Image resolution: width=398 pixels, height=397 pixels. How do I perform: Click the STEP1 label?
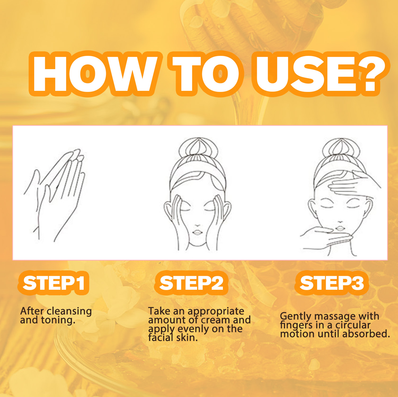(x=54, y=283)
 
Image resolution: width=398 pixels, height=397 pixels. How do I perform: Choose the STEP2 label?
(x=191, y=283)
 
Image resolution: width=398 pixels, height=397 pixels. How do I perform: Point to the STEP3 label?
(x=332, y=283)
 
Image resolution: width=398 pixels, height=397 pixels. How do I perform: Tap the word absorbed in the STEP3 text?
(x=366, y=334)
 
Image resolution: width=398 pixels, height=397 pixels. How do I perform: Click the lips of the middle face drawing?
(x=197, y=232)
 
